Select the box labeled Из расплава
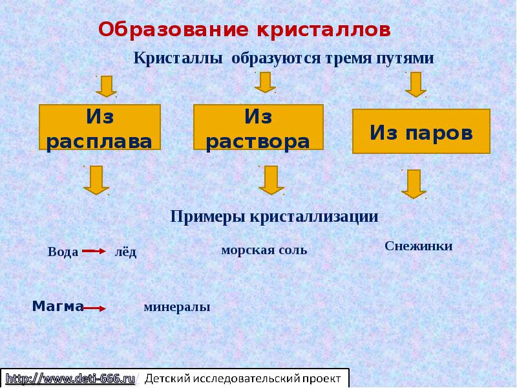point(100,129)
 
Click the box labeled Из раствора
point(258,129)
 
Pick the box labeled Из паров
point(421,132)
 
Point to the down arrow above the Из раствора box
point(265,82)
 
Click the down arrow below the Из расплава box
point(96,180)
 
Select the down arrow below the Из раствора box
point(271,180)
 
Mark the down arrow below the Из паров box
point(414,184)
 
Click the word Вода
point(63,252)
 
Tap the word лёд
point(125,252)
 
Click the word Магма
point(58,306)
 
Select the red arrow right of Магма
point(94,308)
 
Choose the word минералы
point(176,307)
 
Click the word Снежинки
point(418,246)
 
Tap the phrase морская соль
point(264,250)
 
